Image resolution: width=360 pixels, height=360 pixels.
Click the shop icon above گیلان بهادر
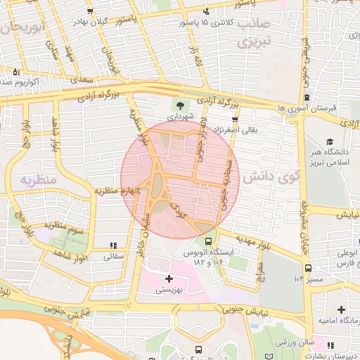pyautogui.click(x=90, y=11)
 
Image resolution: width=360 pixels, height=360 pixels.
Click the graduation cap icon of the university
pyautogui.click(x=330, y=141)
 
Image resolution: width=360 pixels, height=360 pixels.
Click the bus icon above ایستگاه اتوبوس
pyautogui.click(x=207, y=241)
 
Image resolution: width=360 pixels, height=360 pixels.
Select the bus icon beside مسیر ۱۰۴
pyautogui.click(x=308, y=267)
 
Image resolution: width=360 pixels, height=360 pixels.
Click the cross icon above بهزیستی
pyautogui.click(x=168, y=278)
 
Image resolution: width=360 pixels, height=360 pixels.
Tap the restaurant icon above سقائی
pyautogui.click(x=113, y=245)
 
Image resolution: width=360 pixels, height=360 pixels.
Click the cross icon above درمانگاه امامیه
pyautogui.click(x=341, y=309)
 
